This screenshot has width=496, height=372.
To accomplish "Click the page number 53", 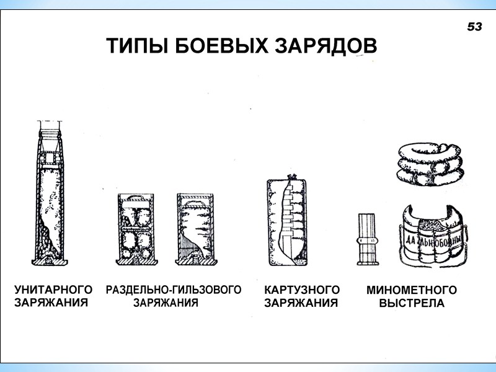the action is [474, 27].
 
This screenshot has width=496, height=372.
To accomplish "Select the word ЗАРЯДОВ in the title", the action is [325, 46].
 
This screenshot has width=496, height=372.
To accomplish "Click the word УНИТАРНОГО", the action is [53, 290].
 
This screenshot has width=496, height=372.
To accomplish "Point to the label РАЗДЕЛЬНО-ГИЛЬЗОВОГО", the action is [174, 290].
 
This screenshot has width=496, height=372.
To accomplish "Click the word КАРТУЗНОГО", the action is [302, 290].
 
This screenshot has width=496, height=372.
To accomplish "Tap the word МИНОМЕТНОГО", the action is [412, 290].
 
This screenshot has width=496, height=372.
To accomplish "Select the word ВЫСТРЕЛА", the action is [412, 303].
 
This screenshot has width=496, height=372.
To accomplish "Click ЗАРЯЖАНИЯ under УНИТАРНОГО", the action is [51, 303].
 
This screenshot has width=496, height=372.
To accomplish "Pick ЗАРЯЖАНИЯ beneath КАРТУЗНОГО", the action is [301, 303].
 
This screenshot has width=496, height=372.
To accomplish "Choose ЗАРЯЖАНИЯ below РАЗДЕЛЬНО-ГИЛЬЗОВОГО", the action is [166, 303].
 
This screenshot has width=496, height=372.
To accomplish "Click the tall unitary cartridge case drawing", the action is [50, 193].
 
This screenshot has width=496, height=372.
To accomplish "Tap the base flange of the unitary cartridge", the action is [50, 262].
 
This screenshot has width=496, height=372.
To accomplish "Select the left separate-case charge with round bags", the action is [136, 229].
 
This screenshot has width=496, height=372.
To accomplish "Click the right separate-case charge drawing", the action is [196, 229].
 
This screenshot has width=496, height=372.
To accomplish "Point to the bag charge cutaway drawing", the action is [287, 221].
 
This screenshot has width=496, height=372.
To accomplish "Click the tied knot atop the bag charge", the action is [291, 177].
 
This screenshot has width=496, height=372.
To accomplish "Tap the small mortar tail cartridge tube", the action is [367, 239].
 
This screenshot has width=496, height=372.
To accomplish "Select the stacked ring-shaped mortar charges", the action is [430, 164].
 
